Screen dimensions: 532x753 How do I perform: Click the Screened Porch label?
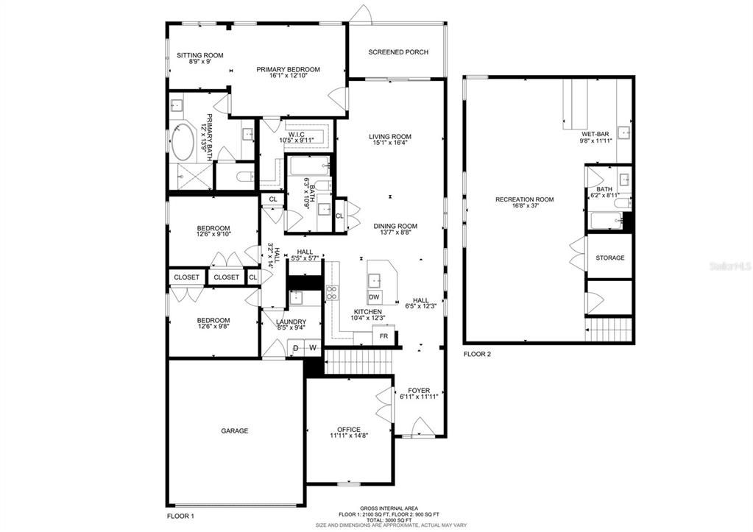point(398,52)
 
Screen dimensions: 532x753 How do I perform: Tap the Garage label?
point(235,430)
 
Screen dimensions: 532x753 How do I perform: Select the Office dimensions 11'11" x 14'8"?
point(349,436)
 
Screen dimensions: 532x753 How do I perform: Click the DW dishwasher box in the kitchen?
point(374,297)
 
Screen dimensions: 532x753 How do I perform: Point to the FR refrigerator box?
point(383,336)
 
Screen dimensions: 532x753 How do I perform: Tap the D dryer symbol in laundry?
point(296,347)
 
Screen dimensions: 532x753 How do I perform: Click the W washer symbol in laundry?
point(312,347)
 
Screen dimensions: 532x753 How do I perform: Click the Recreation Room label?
point(524,199)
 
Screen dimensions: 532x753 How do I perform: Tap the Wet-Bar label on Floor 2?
point(596,133)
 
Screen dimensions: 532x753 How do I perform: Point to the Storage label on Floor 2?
point(610,258)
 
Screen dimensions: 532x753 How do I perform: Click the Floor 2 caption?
point(477,354)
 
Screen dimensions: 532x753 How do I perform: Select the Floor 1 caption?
point(180,517)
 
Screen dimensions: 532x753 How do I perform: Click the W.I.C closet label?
point(296,134)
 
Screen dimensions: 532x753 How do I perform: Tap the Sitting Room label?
point(199,55)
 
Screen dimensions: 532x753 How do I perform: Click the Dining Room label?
point(395,226)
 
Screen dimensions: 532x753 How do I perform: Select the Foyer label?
point(419,390)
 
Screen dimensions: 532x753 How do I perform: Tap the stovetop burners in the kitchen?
point(331,293)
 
